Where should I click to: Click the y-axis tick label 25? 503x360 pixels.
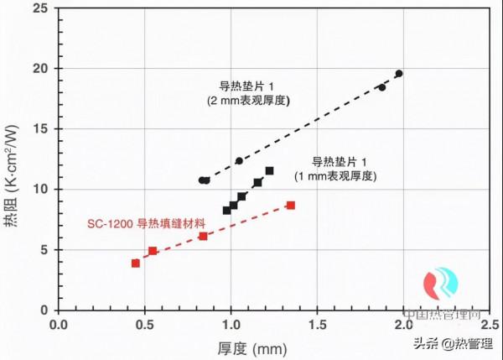(x=42, y=8)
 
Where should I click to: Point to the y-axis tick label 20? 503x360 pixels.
(x=42, y=68)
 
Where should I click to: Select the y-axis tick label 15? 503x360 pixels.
(x=42, y=128)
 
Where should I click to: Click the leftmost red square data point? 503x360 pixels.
(x=136, y=263)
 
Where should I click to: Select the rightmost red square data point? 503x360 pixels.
(x=291, y=205)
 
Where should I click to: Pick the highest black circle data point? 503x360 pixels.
(x=399, y=74)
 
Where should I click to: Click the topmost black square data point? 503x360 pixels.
(x=269, y=171)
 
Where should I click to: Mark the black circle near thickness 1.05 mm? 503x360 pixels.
(x=239, y=161)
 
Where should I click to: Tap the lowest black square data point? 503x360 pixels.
(x=226, y=211)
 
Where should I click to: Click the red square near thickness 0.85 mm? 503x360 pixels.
(x=203, y=237)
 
